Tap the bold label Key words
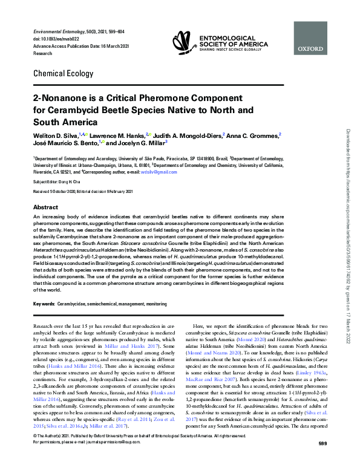[x=44, y=302]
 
